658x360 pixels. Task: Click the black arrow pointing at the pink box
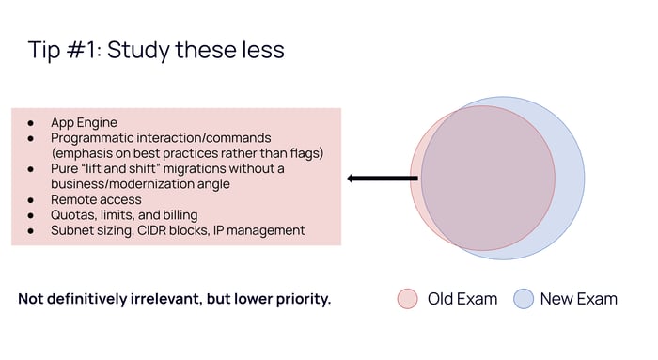pos(383,179)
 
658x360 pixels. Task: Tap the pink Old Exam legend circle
pos(407,299)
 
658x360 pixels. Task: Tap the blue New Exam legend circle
pos(524,299)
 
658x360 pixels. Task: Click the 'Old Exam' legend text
pos(462,299)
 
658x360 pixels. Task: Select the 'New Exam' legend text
pos(579,299)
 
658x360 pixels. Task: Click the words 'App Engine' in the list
pos(84,122)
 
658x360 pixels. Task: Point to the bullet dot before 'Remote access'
pos(31,200)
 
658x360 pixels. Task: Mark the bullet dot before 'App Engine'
pos(31,123)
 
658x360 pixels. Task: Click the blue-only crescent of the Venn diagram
pos(570,179)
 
